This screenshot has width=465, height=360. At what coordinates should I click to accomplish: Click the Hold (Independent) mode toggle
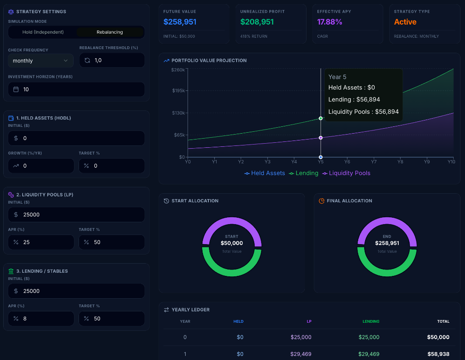pos(43,32)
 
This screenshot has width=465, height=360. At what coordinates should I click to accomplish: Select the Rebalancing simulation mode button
pos(109,32)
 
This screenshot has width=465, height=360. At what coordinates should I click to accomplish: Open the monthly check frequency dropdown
pos(40,60)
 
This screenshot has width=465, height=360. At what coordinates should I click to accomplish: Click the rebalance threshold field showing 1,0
pos(112,60)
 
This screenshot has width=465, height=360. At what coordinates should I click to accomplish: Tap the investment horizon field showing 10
pos(76,90)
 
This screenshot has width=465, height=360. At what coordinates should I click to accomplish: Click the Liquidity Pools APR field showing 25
pos(41,242)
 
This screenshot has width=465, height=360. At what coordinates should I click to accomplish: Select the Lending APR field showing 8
pos(41,319)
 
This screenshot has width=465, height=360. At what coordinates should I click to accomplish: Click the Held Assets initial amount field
pos(76,138)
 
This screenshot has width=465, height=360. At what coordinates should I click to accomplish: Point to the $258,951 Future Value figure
pos(180,22)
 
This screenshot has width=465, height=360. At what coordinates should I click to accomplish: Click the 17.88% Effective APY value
pos(330,22)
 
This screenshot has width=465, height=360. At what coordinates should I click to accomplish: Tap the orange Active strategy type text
pos(405,22)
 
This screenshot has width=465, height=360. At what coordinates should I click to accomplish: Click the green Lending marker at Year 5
pos(321,118)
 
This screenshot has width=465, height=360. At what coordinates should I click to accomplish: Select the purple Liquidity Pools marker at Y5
pos(321,138)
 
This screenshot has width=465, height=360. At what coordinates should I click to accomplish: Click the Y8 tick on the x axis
pos(400,162)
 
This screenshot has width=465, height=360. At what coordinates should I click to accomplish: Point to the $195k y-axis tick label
pos(178,90)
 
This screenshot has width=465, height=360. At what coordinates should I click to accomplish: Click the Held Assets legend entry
pos(265,173)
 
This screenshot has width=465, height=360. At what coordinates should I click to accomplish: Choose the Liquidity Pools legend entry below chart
pos(346,173)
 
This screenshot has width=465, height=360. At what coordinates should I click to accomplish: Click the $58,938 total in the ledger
pos(438,354)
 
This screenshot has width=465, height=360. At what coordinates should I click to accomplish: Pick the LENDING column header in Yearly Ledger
pos(371,321)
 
